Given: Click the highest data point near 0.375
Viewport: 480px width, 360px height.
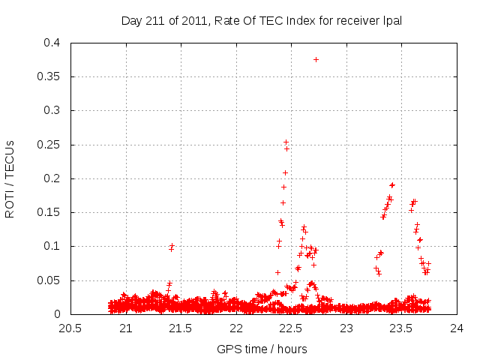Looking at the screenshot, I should click(x=316, y=59).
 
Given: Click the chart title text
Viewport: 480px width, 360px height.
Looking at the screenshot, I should click(x=262, y=21).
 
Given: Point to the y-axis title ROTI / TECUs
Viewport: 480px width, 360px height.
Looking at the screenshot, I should click(x=10, y=178).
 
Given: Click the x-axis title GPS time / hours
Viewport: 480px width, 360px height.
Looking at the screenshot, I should click(x=262, y=349).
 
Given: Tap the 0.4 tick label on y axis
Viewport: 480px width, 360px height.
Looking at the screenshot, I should click(x=52, y=43).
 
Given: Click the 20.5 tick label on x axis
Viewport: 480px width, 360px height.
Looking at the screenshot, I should click(x=70, y=328).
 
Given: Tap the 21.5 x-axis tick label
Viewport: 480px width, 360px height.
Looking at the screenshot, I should click(x=181, y=328).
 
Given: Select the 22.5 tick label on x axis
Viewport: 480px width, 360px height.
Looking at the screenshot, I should click(x=291, y=328).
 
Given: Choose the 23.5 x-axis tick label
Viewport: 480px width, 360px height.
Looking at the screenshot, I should click(x=401, y=328).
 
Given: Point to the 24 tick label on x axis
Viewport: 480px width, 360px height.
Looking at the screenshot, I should click(x=457, y=328).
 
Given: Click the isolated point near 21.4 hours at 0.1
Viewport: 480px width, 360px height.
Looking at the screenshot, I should click(x=172, y=247).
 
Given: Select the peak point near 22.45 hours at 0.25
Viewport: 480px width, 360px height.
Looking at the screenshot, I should click(x=286, y=142).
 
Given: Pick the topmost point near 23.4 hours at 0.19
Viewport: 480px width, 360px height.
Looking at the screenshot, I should click(x=392, y=184).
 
